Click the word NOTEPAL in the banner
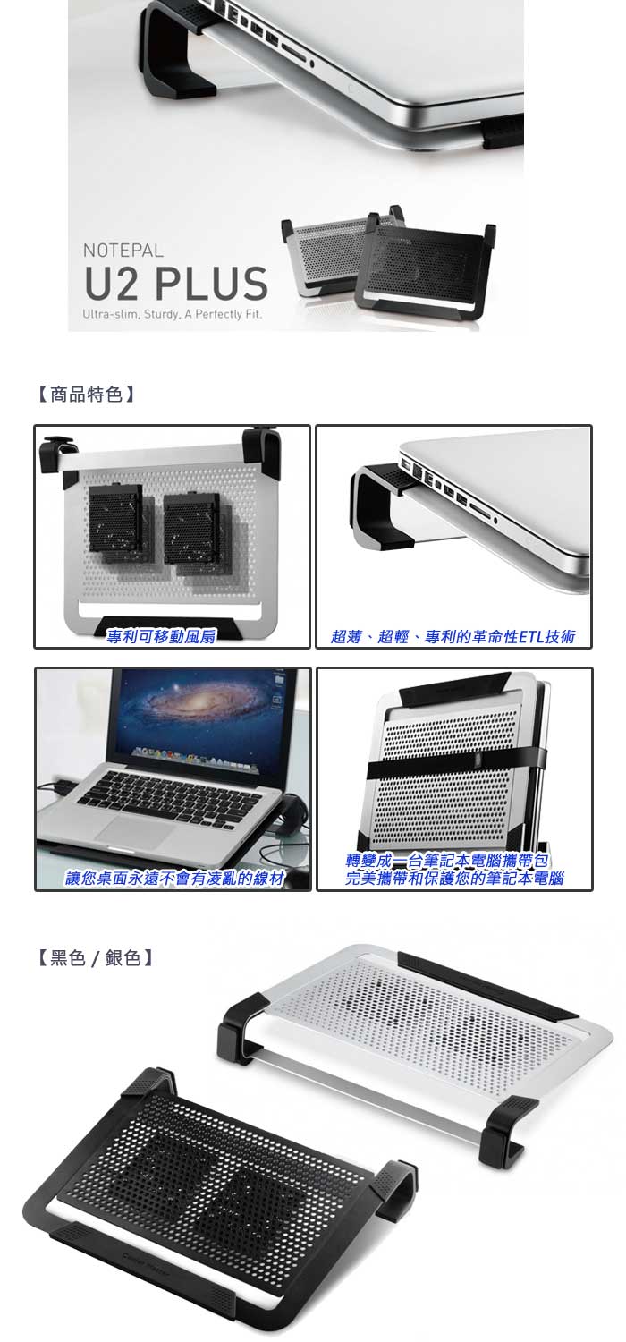pos(123,250)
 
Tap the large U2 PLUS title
pos(176,284)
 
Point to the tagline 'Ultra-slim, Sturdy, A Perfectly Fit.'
pos(173,315)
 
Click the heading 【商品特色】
pos(87,395)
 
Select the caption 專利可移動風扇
pos(161,636)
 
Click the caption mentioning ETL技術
pos(453,636)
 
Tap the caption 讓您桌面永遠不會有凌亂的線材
pos(174,879)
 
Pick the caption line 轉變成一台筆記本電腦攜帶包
pos(447,861)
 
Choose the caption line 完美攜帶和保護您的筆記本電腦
pos(454,879)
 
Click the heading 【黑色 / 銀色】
pos(96,958)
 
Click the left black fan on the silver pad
pos(115,523)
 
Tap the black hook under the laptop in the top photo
pos(177,51)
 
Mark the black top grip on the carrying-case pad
pos(453,688)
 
